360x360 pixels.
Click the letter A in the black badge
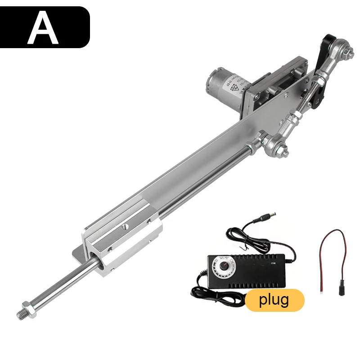(x=43, y=28)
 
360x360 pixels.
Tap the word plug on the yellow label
(x=274, y=300)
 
